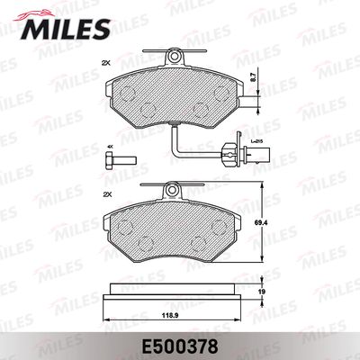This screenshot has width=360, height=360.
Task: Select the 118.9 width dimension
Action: click(x=166, y=316)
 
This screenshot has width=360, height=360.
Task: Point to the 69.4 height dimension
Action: click(x=256, y=223)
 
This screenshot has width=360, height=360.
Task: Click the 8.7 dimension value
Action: click(x=253, y=78)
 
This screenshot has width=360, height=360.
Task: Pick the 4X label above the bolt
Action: click(x=110, y=148)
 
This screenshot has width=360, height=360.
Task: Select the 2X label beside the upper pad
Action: click(x=106, y=63)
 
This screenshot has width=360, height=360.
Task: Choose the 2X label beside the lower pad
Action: click(x=107, y=194)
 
